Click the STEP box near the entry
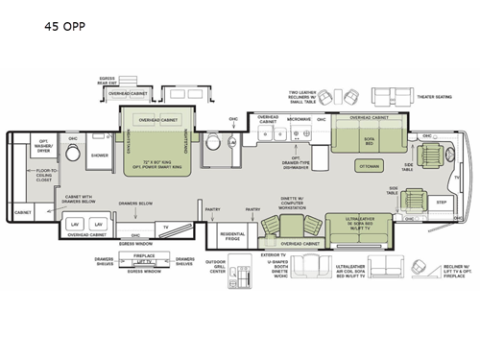443,203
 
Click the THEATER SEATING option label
432,97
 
